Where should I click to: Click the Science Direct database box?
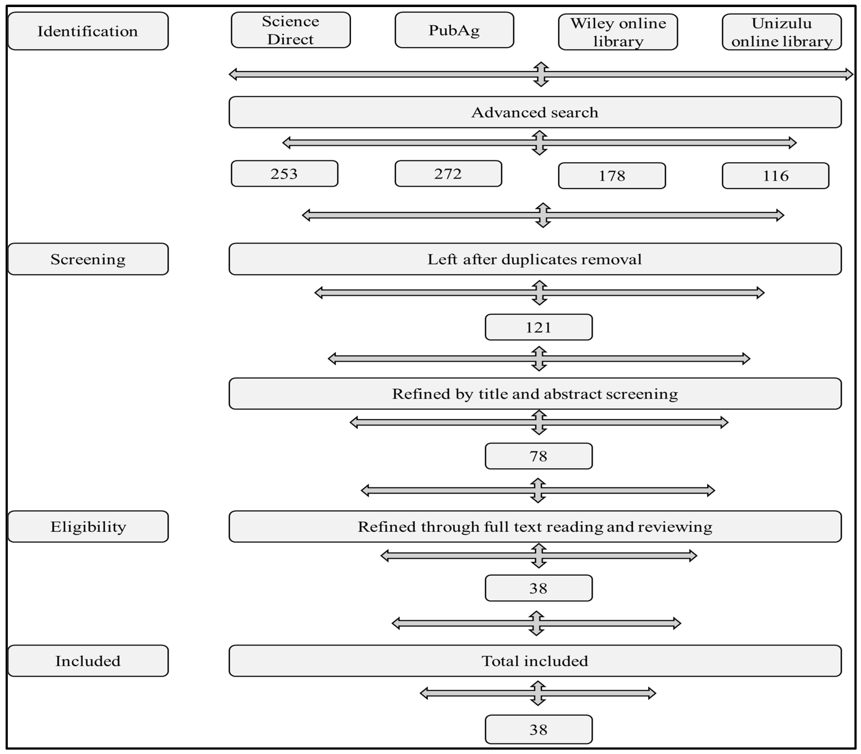(291, 30)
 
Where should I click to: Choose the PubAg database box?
(454, 30)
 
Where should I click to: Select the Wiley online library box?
(618, 32)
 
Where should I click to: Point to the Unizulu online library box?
(782, 32)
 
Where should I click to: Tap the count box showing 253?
(284, 173)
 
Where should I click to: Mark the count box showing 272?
(448, 173)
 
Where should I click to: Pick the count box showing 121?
(539, 327)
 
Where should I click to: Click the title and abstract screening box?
(535, 393)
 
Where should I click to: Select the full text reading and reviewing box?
(535, 526)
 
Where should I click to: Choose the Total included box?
(535, 661)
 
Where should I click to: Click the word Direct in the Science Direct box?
(291, 39)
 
